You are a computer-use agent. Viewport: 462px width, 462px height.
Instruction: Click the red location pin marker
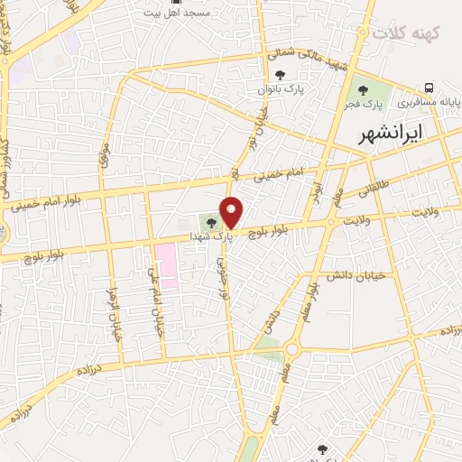point(232,212)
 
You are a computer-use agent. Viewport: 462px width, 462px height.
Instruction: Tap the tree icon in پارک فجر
point(363,91)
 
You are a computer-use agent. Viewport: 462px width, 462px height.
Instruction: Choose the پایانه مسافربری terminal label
point(430,104)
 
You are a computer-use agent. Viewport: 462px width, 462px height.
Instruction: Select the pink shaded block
point(165,265)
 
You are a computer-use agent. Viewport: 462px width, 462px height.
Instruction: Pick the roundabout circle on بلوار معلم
point(291,350)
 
